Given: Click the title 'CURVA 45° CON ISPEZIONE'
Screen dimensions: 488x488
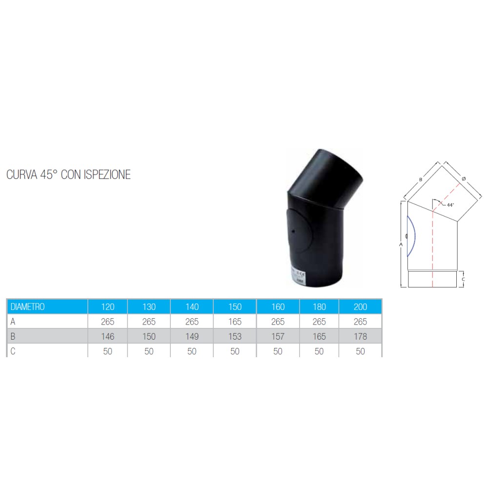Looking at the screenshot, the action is (68, 175).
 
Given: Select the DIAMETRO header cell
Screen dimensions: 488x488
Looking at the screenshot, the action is (47, 306).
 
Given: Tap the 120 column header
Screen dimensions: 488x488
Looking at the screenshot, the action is (108, 306).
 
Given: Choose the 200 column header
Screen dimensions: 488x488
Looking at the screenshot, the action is (361, 306).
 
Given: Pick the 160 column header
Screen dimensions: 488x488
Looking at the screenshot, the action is (278, 306).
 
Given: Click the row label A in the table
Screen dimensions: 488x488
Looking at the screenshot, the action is (13, 322).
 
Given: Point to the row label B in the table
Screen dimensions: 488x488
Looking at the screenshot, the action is (13, 336).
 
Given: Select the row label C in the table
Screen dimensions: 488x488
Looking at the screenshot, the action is (13, 351).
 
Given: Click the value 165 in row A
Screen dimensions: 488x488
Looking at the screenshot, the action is (235, 322).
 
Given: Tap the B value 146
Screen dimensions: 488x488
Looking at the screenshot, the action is (108, 336).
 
